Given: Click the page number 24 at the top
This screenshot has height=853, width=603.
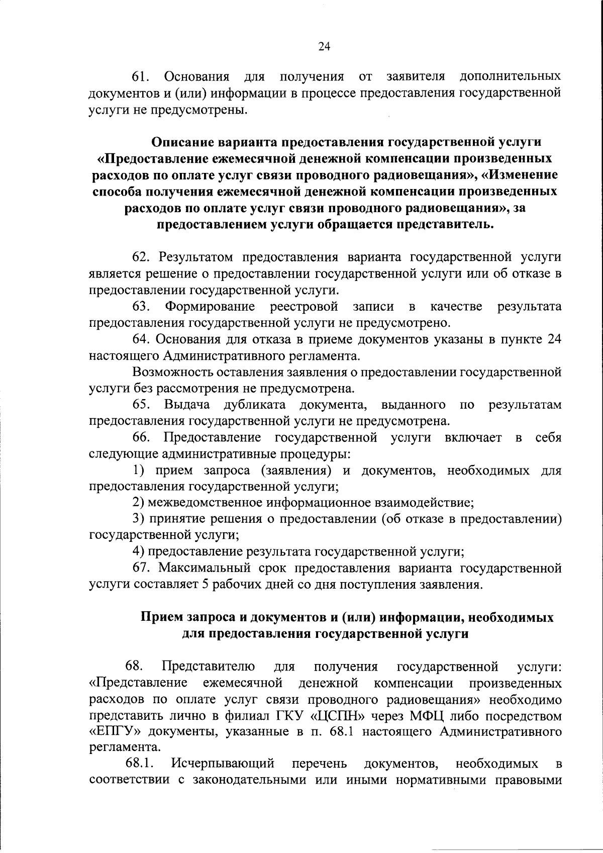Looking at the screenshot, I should pos(324,46).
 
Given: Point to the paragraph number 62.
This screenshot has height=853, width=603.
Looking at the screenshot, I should pos(142,257).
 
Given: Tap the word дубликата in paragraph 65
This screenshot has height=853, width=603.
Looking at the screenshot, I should pos(255,405).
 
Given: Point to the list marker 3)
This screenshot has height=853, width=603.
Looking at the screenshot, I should pos(138,519).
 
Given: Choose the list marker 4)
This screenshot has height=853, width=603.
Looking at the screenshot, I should pos(138,551).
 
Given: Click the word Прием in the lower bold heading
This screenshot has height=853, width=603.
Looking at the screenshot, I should pos(162,617).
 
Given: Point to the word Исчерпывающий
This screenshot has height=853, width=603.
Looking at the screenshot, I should pos(223,764).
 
